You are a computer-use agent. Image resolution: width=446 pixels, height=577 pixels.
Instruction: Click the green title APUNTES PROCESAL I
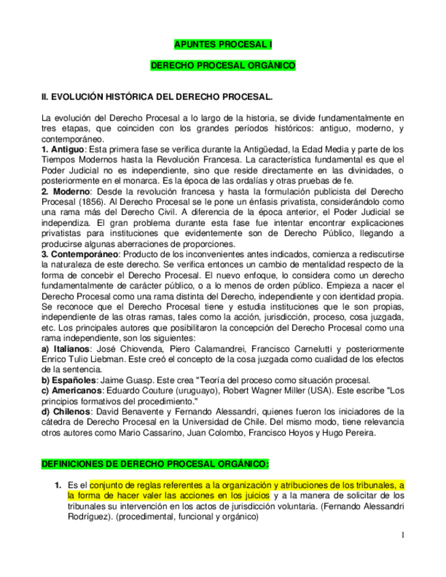point(223,45)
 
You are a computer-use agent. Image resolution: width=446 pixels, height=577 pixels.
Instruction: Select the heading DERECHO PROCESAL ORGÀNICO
point(223,66)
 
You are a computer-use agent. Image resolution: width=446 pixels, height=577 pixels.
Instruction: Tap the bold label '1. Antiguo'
point(63,149)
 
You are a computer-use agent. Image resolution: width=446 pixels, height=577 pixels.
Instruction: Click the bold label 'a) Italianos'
point(66,348)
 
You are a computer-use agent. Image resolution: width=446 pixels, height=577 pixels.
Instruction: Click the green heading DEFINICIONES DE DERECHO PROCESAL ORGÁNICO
point(155,464)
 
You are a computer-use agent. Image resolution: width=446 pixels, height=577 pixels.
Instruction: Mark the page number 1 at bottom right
point(402,534)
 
